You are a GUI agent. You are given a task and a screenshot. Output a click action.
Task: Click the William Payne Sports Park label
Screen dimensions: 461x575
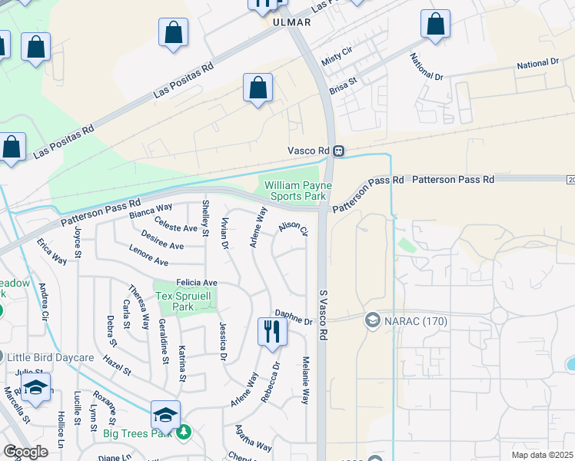coord(297,191)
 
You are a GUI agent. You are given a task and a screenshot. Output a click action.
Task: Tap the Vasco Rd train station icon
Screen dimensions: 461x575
coord(338,151)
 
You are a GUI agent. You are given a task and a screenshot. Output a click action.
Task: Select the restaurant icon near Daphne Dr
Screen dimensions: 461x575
coord(271,332)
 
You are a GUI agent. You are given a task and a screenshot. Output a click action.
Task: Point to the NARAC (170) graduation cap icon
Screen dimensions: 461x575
coord(373,320)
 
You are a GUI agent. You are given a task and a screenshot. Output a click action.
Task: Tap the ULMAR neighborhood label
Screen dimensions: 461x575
coord(292,22)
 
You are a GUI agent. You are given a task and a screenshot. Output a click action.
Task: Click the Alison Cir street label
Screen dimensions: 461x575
coord(293,228)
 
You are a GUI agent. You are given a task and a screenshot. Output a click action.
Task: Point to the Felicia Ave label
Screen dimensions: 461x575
coord(197,283)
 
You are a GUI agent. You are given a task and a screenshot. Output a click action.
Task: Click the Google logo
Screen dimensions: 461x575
coord(25,451)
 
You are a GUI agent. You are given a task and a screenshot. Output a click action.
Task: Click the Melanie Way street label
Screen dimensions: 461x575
coord(305,381)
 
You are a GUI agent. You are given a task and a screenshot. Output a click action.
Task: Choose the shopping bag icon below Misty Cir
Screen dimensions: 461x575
coord(258,88)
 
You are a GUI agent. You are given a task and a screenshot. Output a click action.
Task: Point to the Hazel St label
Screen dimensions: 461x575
coord(118,360)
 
